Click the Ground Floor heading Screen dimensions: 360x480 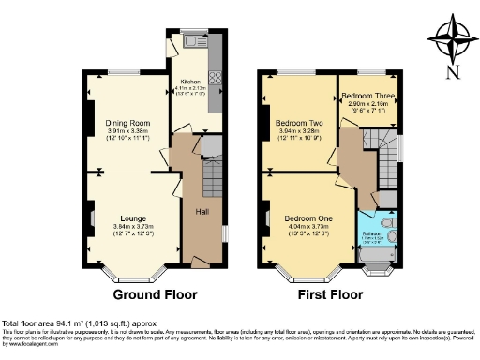pos(156,293)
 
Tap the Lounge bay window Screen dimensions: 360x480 pos(123,277)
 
